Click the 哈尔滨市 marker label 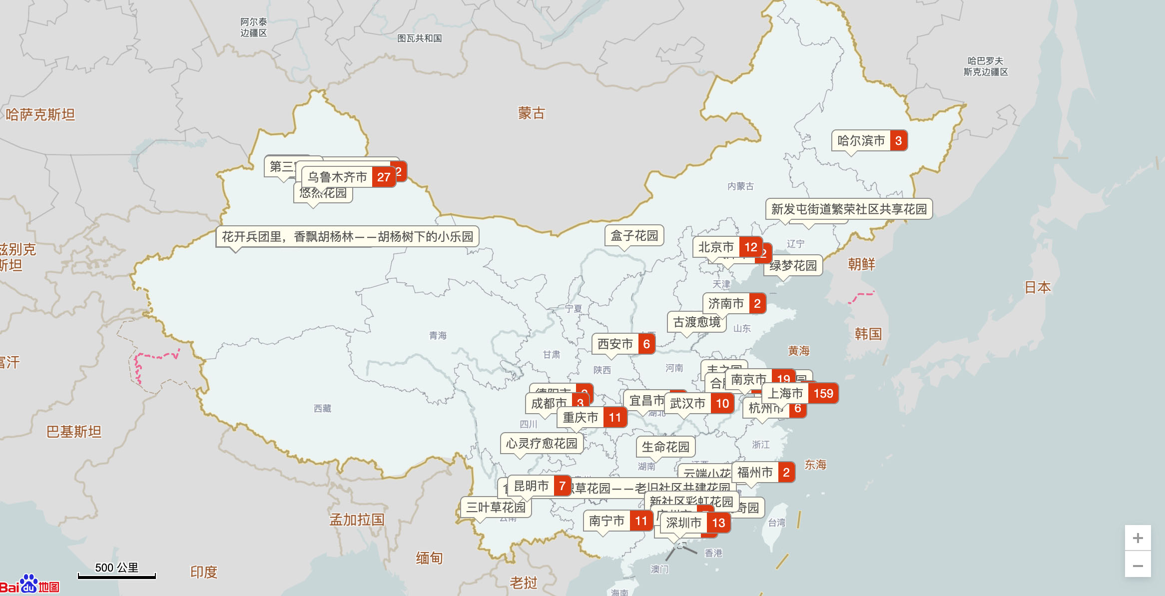click(861, 141)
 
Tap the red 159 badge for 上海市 click(823, 394)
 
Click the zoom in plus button click(1138, 538)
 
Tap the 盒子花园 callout click(634, 236)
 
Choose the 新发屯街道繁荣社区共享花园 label click(848, 209)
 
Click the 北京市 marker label click(716, 247)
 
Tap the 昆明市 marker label click(531, 486)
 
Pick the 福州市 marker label click(755, 473)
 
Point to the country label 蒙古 click(531, 113)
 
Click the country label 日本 click(1038, 287)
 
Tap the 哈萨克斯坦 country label click(40, 115)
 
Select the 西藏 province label click(322, 409)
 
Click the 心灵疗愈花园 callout click(541, 444)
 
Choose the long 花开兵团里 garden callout click(347, 237)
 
